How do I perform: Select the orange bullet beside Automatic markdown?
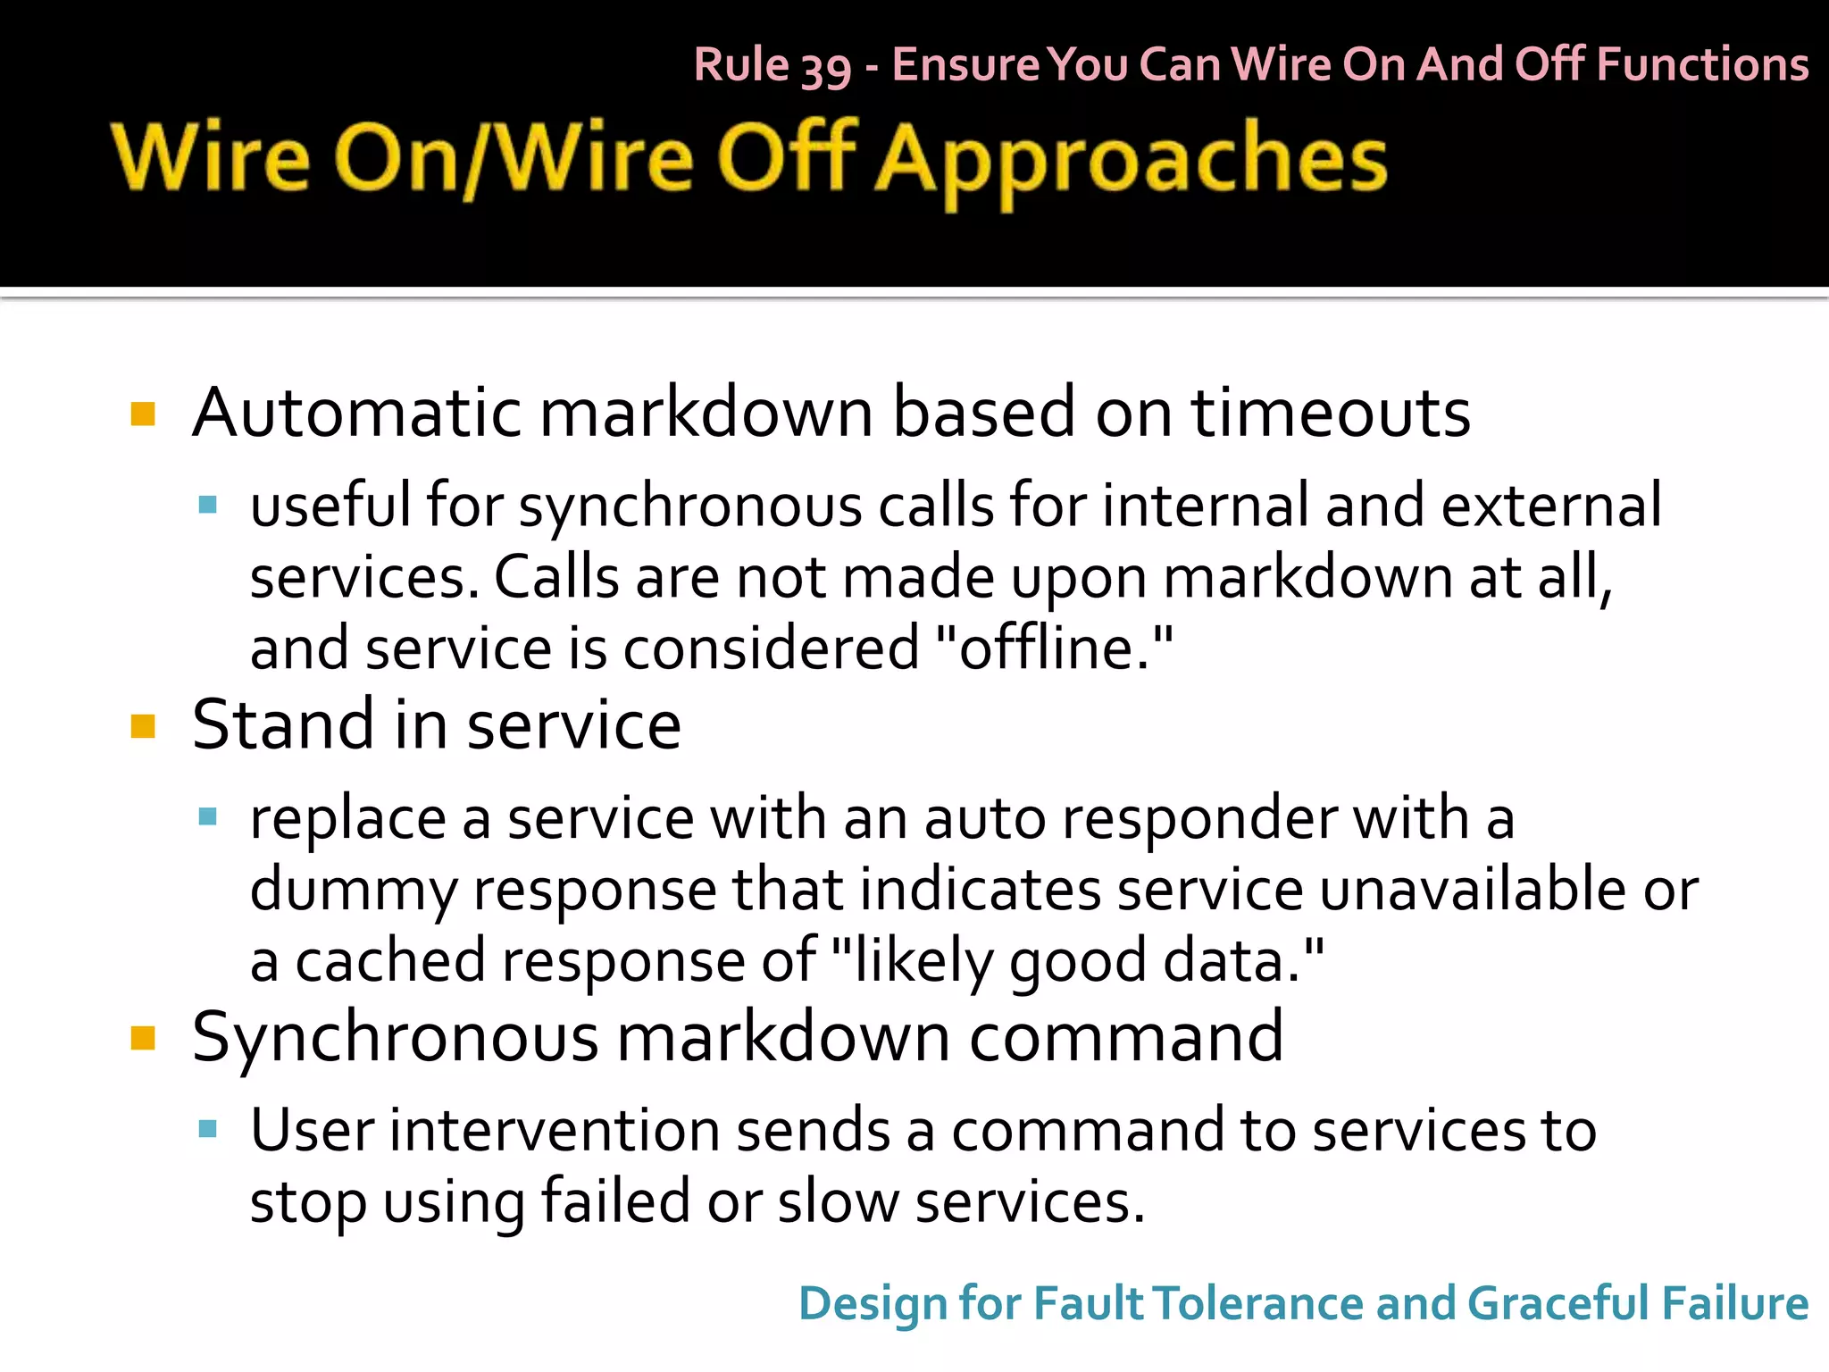143,414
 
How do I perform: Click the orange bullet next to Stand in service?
143,725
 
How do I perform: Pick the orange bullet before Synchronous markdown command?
143,1038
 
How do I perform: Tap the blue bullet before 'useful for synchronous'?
208,506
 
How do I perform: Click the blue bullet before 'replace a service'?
208,816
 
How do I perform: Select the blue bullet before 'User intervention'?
208,1129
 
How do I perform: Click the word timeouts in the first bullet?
1331,413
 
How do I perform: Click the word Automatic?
357,413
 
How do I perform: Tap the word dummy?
353,891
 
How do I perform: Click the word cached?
390,961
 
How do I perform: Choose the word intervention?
554,1130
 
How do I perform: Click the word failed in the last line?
615,1201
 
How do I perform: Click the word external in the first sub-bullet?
1551,506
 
